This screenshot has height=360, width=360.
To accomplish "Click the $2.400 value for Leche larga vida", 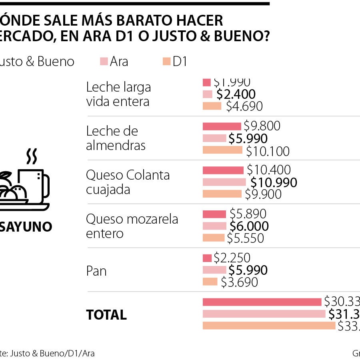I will pos(236,94).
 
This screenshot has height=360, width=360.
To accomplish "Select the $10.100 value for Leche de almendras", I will pos(268,152).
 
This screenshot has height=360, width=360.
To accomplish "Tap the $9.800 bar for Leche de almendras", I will pos(222,126).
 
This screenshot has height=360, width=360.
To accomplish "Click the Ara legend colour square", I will pos(104,62).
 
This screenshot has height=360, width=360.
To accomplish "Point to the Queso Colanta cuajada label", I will pos(128,182).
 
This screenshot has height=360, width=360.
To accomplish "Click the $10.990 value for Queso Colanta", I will pos(274,182).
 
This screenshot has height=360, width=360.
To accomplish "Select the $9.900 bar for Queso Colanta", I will pos(222,194).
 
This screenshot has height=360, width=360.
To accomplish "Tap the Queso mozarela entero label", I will pos(132,226).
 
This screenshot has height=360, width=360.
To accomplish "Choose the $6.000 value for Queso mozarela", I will pos(249,226).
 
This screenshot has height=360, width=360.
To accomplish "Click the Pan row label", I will pos(96,271).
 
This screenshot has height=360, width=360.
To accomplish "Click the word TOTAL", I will pos(106,315).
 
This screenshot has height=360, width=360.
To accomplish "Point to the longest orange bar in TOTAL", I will pos(269,326).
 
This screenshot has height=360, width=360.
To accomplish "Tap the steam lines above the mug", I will pos(31,156).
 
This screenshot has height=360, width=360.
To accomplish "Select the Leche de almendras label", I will pos(116,138).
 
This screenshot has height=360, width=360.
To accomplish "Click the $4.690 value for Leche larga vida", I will pos(244,106).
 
